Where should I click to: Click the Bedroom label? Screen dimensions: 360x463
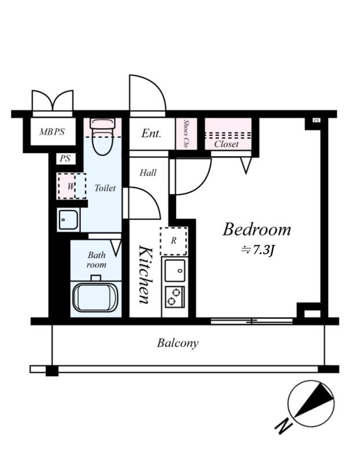pos(256,229)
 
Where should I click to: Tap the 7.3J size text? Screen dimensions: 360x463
pos(258,251)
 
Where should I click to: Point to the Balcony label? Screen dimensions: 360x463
pos(178,343)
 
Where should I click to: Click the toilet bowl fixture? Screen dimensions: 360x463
pos(102,137)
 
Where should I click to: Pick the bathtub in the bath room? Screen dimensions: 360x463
pos(95,297)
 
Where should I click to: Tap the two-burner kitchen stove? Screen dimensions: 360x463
pos(175,297)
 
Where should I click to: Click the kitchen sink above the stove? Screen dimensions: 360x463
pos(175,270)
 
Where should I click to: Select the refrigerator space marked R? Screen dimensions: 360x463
pos(174,241)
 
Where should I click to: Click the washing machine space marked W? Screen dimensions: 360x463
pos(72,186)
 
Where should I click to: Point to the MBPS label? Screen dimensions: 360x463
pos(52,132)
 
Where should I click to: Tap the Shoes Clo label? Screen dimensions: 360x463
pos(186,134)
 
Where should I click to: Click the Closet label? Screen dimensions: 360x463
pos(226,144)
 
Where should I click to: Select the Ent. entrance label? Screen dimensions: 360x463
pos(151,134)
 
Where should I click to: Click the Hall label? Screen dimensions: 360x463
pos(148,172)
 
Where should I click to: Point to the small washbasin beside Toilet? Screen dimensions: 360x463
pos(68,220)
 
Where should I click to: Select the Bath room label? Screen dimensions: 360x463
pos(97,259)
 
